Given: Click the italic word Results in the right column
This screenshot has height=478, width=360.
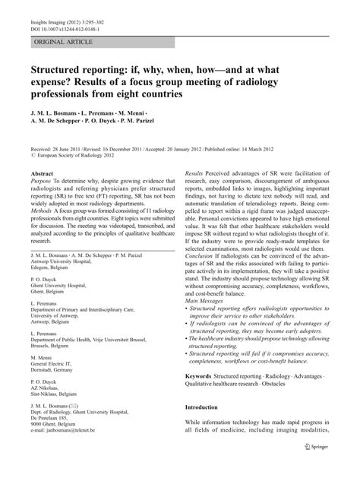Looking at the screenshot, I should [195, 174].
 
